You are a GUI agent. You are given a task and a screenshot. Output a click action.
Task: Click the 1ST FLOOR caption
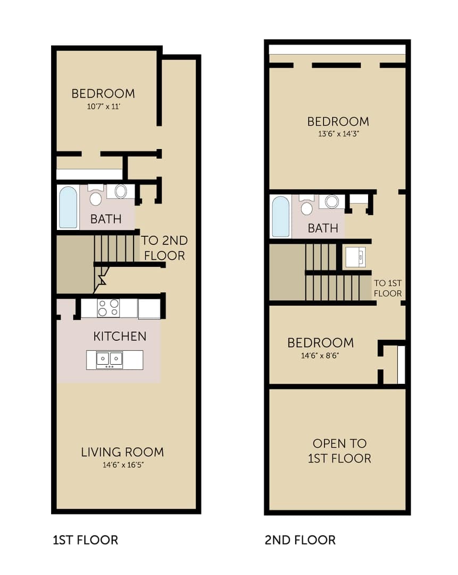point(85,540)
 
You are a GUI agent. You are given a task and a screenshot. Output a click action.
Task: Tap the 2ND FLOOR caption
point(300,540)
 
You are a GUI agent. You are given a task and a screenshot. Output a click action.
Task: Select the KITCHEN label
point(120,336)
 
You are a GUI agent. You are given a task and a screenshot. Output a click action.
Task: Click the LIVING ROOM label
point(122,452)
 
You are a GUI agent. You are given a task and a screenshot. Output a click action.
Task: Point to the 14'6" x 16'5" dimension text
point(123,465)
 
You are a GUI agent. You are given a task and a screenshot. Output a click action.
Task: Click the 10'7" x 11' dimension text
point(104,106)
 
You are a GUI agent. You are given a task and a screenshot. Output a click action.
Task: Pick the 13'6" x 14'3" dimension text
point(338,134)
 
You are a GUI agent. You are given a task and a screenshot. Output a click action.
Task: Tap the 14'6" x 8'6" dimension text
point(320,355)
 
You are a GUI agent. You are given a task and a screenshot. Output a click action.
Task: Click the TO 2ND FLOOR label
point(164,248)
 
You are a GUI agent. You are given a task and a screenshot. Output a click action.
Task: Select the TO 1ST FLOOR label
point(388,288)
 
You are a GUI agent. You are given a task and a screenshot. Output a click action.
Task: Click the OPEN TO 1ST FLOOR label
point(340,451)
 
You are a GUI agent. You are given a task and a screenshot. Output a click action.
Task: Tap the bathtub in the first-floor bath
point(68,208)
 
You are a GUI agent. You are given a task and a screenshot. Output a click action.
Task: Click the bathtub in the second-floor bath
point(281,217)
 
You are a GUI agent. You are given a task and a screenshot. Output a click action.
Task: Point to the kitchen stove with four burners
point(109,308)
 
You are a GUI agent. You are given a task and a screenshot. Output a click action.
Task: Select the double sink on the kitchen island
point(109,359)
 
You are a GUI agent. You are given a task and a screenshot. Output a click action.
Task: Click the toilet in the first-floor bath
point(96,195)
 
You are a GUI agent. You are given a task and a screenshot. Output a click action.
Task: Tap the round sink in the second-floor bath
point(331,202)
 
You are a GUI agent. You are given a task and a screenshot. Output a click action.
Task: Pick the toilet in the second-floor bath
point(307,206)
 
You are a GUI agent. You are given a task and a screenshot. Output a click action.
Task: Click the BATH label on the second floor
point(323,228)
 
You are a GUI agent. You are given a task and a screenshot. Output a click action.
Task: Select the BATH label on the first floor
point(106,219)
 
